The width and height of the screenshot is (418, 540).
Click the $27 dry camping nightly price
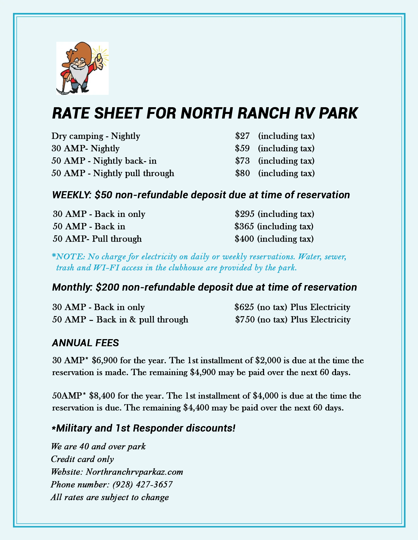[242, 136]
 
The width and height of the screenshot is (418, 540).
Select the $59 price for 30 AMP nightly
[242, 148]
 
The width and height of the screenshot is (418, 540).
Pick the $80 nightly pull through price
[242, 173]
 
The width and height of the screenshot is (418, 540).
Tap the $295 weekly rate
[244, 214]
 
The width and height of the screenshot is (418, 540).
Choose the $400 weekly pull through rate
[244, 239]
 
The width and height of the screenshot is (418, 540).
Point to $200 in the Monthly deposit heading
[107, 287]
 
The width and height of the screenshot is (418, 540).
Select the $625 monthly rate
[244, 307]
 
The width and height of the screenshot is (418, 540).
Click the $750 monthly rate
[245, 319]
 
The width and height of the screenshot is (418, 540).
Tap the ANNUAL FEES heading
[85, 343]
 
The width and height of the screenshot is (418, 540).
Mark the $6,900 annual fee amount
[104, 360]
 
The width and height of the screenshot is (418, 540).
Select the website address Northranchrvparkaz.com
[134, 472]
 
